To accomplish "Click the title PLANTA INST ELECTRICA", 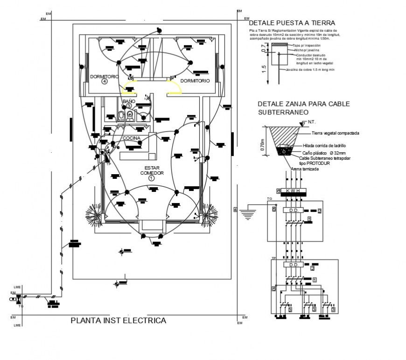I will pyautogui.click(x=118, y=321).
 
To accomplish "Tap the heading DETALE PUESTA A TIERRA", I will pyautogui.click(x=292, y=23).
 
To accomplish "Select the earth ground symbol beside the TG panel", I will pyautogui.click(x=248, y=214).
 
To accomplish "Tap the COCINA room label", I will pyautogui.click(x=132, y=138).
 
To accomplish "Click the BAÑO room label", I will pyautogui.click(x=128, y=101).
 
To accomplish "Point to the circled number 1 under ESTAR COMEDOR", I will pyautogui.click(x=151, y=178).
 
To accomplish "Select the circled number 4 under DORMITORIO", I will pyautogui.click(x=105, y=81).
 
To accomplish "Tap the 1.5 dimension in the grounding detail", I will pyautogui.click(x=264, y=69).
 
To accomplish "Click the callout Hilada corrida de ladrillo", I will pyautogui.click(x=324, y=146).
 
